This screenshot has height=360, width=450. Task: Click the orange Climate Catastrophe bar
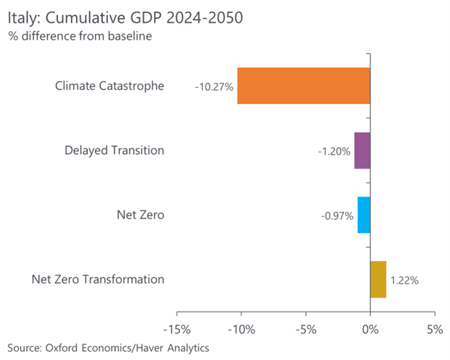pyautogui.click(x=303, y=86)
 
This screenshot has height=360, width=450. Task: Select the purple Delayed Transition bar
pyautogui.click(x=362, y=150)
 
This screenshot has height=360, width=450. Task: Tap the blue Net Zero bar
pyautogui.click(x=364, y=215)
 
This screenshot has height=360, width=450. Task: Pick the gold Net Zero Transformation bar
pyautogui.click(x=378, y=279)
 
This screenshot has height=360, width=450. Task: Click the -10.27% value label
pyautogui.click(x=215, y=87)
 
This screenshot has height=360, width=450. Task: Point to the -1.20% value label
pyautogui.click(x=334, y=152)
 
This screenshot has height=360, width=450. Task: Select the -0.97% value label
pyautogui.click(x=336, y=216)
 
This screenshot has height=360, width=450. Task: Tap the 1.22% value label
pyautogui.click(x=404, y=280)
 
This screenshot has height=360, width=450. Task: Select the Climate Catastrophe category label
pyautogui.click(x=109, y=86)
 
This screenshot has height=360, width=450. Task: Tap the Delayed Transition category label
pyautogui.click(x=114, y=150)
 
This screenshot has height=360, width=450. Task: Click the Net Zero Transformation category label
pyautogui.click(x=98, y=280)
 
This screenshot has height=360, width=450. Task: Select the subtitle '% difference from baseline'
pyautogui.click(x=80, y=36)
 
